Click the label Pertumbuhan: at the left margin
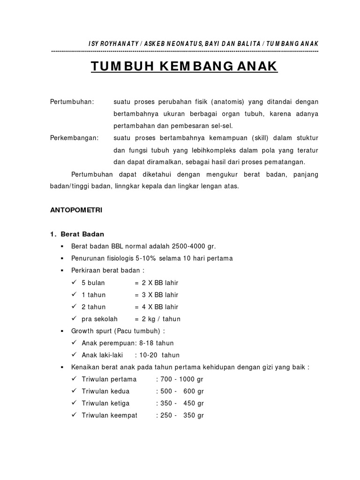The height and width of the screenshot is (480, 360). tap(72, 102)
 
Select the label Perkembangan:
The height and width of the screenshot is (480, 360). tap(75, 138)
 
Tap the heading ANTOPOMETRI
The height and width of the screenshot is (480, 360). tap(76, 210)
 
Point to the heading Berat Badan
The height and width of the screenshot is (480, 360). tap(83, 234)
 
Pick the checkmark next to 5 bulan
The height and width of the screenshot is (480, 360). tap(74, 283)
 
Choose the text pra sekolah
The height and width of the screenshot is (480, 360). tap(99, 319)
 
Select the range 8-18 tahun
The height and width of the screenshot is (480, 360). tap(157, 343)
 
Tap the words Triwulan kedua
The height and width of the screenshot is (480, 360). tap(105, 391)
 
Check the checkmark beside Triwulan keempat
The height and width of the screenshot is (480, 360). tap(74, 415)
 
